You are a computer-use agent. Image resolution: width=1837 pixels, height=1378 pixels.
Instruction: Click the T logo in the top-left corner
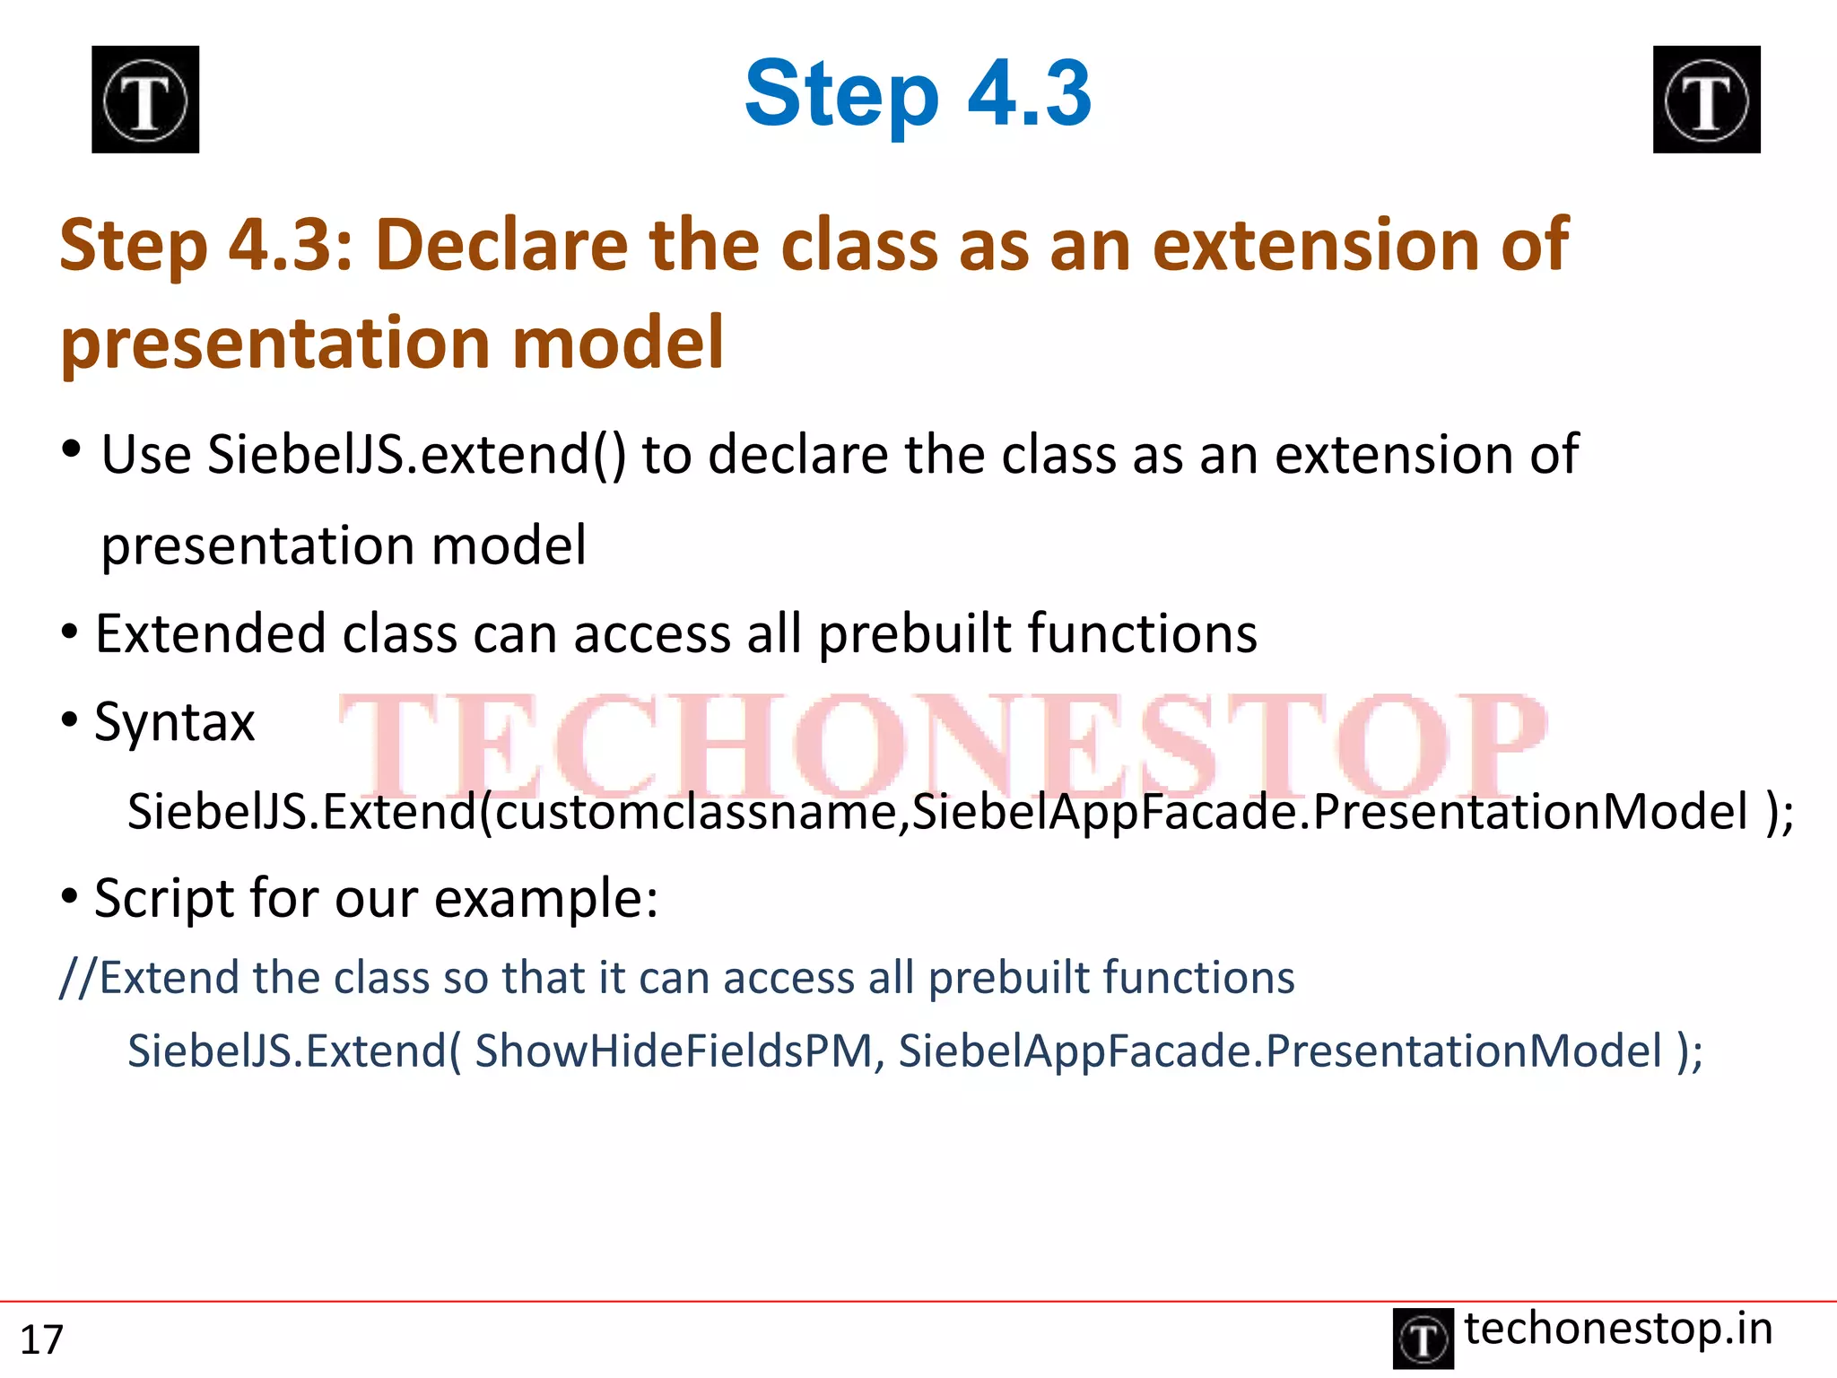coord(145,100)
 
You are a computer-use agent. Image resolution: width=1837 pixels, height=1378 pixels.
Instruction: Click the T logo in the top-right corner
coord(1706,100)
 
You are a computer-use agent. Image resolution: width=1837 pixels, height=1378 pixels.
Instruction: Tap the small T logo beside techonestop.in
coord(1423,1339)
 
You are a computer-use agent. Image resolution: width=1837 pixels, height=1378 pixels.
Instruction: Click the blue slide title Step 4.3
coord(918,93)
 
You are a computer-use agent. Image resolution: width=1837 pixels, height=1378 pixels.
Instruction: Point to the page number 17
coord(41,1339)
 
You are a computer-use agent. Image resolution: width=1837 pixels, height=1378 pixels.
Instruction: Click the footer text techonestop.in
coord(1618,1329)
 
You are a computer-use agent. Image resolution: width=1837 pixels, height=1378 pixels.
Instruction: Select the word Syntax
coord(175,722)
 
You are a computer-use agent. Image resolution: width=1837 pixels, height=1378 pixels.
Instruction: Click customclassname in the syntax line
coord(696,812)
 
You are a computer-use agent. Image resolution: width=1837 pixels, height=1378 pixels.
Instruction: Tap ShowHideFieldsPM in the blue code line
coord(674,1051)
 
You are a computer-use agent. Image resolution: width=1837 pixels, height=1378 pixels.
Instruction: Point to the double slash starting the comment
coord(77,978)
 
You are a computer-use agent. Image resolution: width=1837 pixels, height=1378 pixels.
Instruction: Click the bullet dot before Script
coord(70,898)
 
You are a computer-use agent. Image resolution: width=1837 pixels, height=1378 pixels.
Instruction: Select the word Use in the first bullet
coord(146,455)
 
